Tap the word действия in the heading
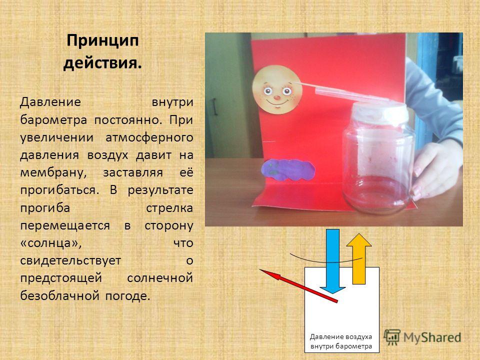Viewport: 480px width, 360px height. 102,63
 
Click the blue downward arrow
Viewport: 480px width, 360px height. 333,261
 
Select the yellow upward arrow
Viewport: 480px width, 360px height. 359,258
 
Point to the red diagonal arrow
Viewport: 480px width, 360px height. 298,286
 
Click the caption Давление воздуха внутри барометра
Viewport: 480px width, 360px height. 341,341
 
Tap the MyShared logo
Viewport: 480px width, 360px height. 422,337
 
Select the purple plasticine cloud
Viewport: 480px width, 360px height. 288,170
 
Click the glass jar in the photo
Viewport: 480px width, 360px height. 379,158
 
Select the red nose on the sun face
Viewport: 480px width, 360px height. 276,98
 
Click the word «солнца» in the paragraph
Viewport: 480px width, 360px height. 51,243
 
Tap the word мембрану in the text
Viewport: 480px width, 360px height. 53,173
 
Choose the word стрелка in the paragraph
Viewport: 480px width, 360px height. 169,208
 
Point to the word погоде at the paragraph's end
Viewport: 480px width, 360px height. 128,296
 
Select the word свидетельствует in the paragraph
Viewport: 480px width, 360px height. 70,261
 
